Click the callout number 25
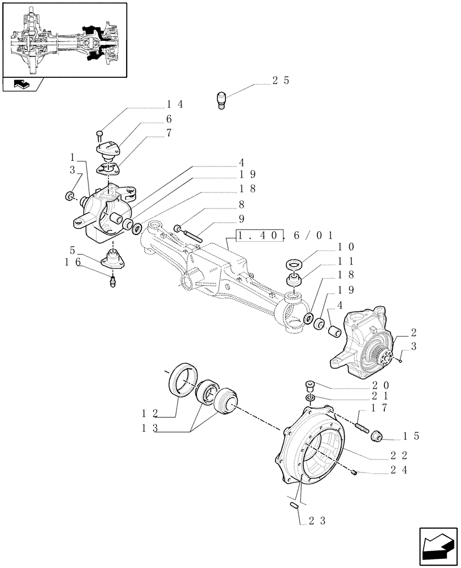280,81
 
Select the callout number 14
175,105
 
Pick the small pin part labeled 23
295,504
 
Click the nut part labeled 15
376,437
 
